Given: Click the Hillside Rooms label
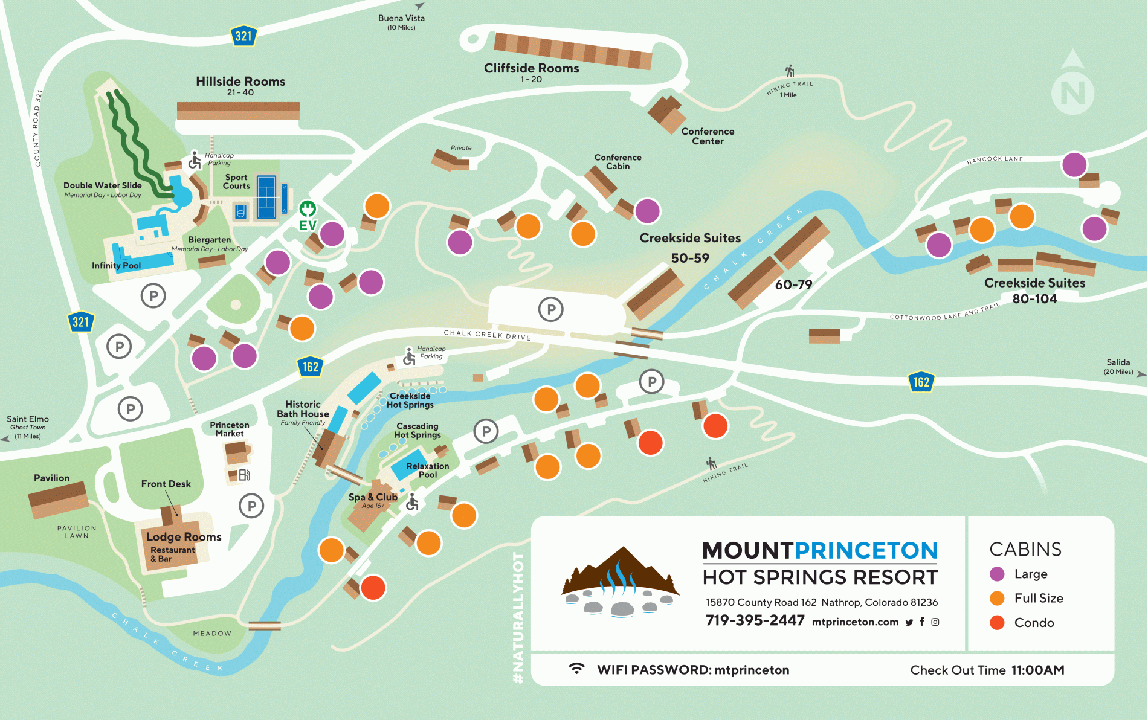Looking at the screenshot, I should (x=240, y=82).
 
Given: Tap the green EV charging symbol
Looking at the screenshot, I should (x=308, y=210).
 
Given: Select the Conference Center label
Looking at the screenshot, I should (x=708, y=136).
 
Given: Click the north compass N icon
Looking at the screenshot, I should (x=1072, y=92).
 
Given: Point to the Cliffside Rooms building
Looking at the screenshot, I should (x=572, y=51).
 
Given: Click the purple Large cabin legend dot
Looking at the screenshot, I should (x=997, y=574).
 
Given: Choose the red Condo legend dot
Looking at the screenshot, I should (x=997, y=622).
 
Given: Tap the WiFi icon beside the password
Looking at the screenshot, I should (x=577, y=669).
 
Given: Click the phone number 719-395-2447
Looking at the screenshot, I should (x=755, y=620).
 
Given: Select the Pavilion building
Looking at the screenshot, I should (x=59, y=500).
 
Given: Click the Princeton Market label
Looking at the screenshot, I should (x=230, y=429).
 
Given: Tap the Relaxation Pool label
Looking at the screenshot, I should (x=428, y=470).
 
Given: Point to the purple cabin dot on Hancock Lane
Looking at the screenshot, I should (x=1074, y=164).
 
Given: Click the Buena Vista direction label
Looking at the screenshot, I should (x=401, y=21).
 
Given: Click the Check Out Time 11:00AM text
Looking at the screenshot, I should (x=987, y=670).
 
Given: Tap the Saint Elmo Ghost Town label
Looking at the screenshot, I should (x=28, y=426).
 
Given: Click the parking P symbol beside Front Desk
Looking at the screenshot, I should (x=251, y=506).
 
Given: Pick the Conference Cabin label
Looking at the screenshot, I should (x=618, y=161).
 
